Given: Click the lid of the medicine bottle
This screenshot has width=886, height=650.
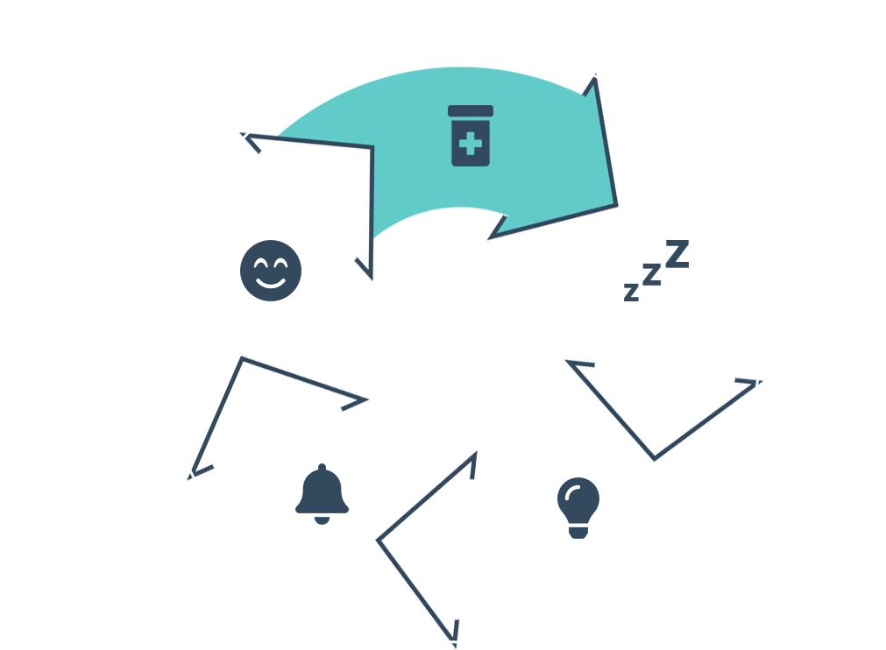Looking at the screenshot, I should click(x=471, y=111).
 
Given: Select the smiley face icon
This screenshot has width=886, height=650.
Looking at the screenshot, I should click(x=271, y=270).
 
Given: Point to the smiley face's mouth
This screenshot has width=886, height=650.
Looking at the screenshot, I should click(x=271, y=282).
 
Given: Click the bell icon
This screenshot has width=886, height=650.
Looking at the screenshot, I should click(x=322, y=492).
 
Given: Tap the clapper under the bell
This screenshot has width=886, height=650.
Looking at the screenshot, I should click(x=322, y=519).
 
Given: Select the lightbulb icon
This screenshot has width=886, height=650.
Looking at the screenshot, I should click(x=578, y=506).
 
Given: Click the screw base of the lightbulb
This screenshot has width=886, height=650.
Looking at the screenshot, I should click(x=578, y=531).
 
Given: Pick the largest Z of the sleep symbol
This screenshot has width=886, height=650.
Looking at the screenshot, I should click(x=677, y=254).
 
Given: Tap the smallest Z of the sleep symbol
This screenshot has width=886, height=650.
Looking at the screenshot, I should click(x=631, y=293).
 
